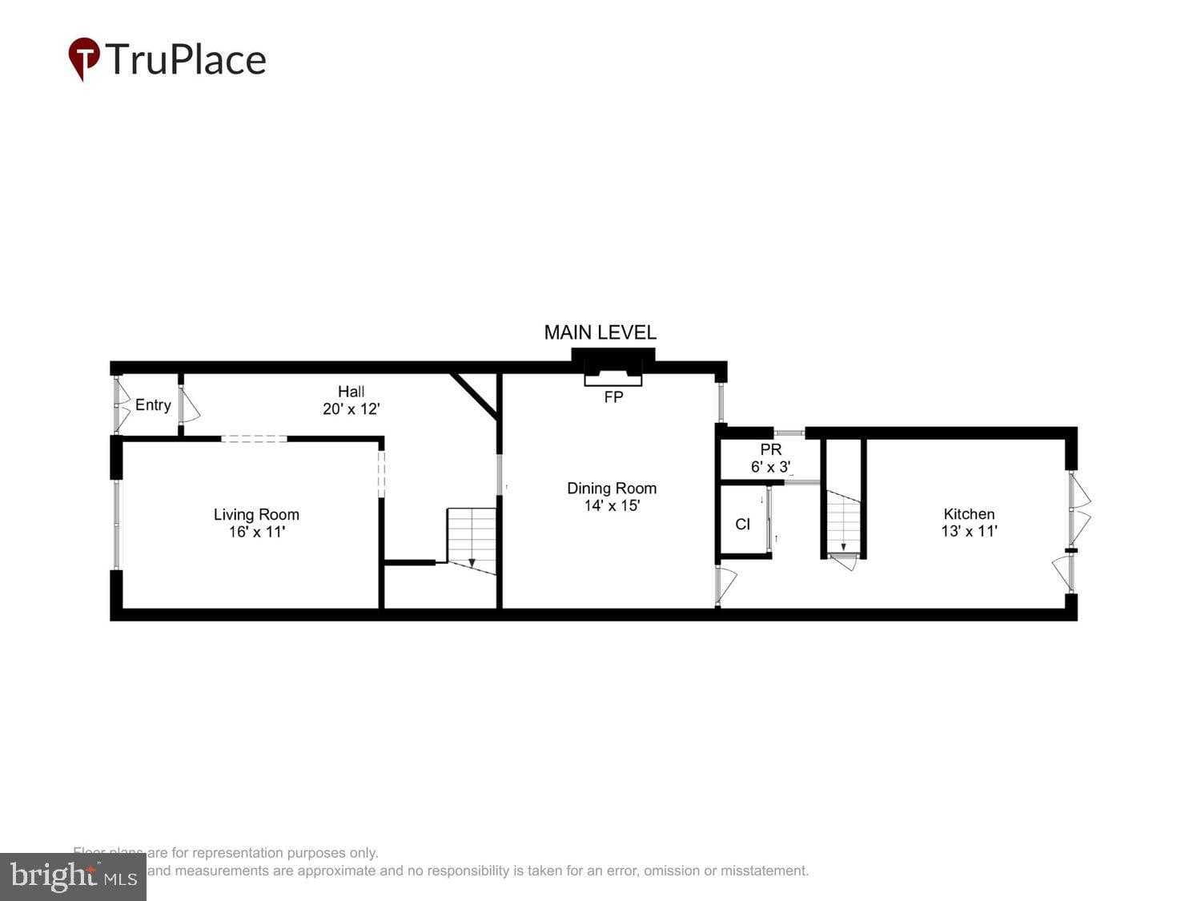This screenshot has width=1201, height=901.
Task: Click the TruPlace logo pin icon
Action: click(x=84, y=58)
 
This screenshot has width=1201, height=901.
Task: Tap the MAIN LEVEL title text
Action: click(x=600, y=332)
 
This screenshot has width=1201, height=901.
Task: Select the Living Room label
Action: click(x=256, y=515)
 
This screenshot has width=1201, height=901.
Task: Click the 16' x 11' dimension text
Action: click(x=256, y=532)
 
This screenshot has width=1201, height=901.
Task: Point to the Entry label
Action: click(x=153, y=405)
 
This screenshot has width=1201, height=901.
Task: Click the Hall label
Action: click(x=351, y=392)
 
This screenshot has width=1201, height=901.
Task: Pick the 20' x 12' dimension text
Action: click(x=351, y=408)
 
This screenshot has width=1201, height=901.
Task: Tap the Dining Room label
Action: click(x=612, y=489)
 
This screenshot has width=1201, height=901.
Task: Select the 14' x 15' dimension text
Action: click(x=612, y=505)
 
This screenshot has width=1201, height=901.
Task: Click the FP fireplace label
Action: click(x=613, y=397)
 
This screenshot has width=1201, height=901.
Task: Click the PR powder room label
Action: click(x=770, y=450)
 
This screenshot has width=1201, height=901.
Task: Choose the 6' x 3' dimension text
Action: click(x=770, y=467)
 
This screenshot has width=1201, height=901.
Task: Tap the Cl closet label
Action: click(x=742, y=525)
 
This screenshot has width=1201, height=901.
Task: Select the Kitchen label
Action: click(x=969, y=514)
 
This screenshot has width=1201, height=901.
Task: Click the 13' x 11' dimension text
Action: click(x=969, y=531)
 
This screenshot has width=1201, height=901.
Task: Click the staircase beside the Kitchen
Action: click(x=843, y=521)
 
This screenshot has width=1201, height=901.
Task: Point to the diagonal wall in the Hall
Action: click(x=476, y=395)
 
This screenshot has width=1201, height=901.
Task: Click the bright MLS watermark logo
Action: click(x=73, y=876)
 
